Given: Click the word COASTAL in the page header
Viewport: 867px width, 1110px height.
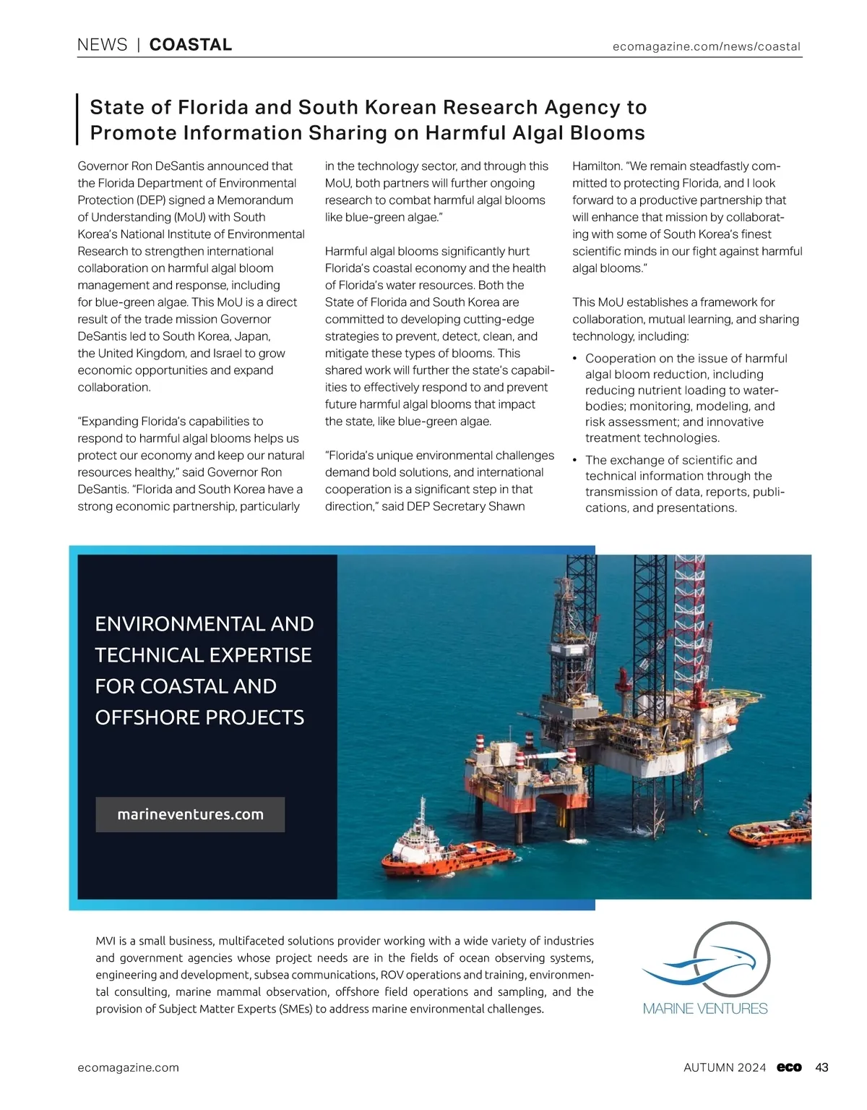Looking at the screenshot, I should click(x=190, y=45).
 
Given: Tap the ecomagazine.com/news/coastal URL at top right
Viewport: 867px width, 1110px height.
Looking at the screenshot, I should click(x=706, y=46).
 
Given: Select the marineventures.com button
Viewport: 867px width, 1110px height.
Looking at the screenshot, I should click(x=190, y=814).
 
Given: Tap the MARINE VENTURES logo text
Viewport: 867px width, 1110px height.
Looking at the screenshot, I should click(x=705, y=1008).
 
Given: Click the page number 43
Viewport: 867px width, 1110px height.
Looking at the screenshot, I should click(x=821, y=1067).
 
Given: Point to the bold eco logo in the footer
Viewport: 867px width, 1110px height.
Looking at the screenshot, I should click(x=789, y=1067).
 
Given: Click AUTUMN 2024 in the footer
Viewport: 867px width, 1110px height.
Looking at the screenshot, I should click(x=724, y=1067).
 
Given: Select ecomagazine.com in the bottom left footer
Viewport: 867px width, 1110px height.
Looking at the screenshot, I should click(x=128, y=1067).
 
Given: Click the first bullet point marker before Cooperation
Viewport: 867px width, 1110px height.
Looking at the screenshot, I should click(x=574, y=359).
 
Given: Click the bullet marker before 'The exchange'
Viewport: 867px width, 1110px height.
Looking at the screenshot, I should click(x=574, y=461).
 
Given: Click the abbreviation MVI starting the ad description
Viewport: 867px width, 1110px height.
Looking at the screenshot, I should click(x=105, y=941).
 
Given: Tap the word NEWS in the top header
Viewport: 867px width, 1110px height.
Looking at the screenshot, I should click(x=102, y=45).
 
